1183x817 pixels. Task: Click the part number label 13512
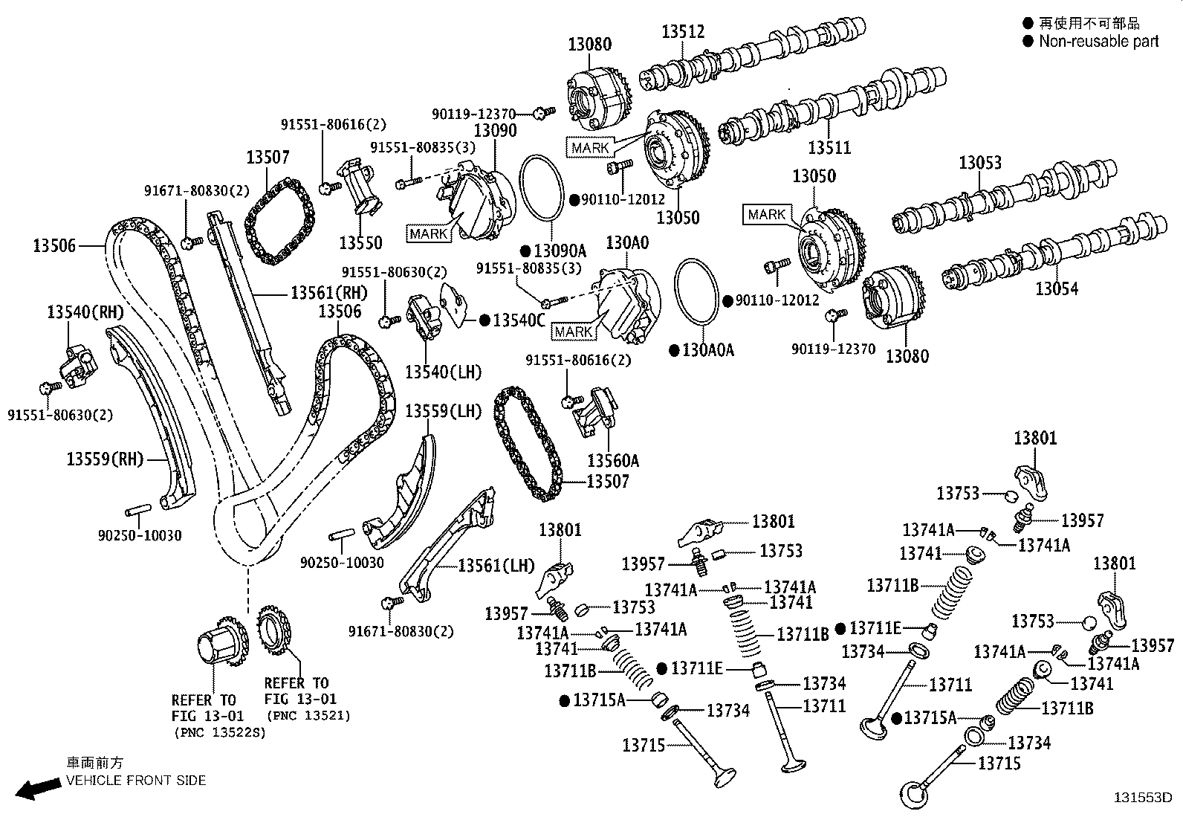click(683, 31)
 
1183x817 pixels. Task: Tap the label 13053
click(979, 162)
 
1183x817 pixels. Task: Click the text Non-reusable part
click(1098, 42)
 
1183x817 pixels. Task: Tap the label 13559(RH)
click(105, 459)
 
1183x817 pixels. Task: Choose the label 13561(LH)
click(496, 566)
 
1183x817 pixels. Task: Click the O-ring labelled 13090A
click(542, 190)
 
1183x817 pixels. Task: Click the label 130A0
click(627, 243)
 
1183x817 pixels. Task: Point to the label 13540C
click(519, 320)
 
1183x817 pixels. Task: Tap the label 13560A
click(613, 460)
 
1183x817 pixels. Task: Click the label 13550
click(360, 242)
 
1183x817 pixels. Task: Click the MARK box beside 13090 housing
click(429, 233)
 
